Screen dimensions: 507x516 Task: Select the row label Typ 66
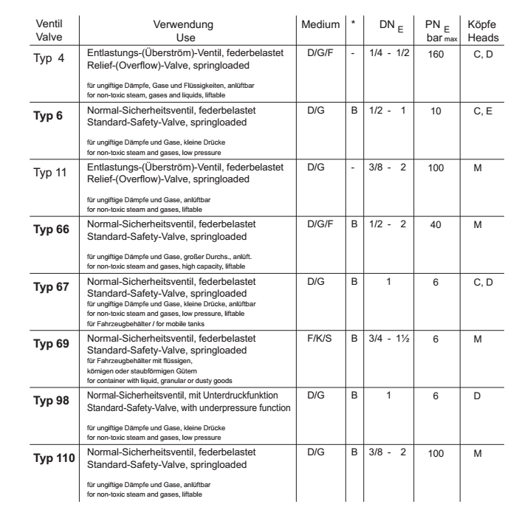[x=52, y=230]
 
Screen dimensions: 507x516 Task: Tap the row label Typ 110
[x=54, y=460]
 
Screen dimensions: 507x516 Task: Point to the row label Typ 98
[x=52, y=403]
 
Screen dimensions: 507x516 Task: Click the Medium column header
[x=320, y=24]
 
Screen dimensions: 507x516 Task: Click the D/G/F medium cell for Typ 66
[x=320, y=224]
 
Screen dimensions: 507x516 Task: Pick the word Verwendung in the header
[x=182, y=24]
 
